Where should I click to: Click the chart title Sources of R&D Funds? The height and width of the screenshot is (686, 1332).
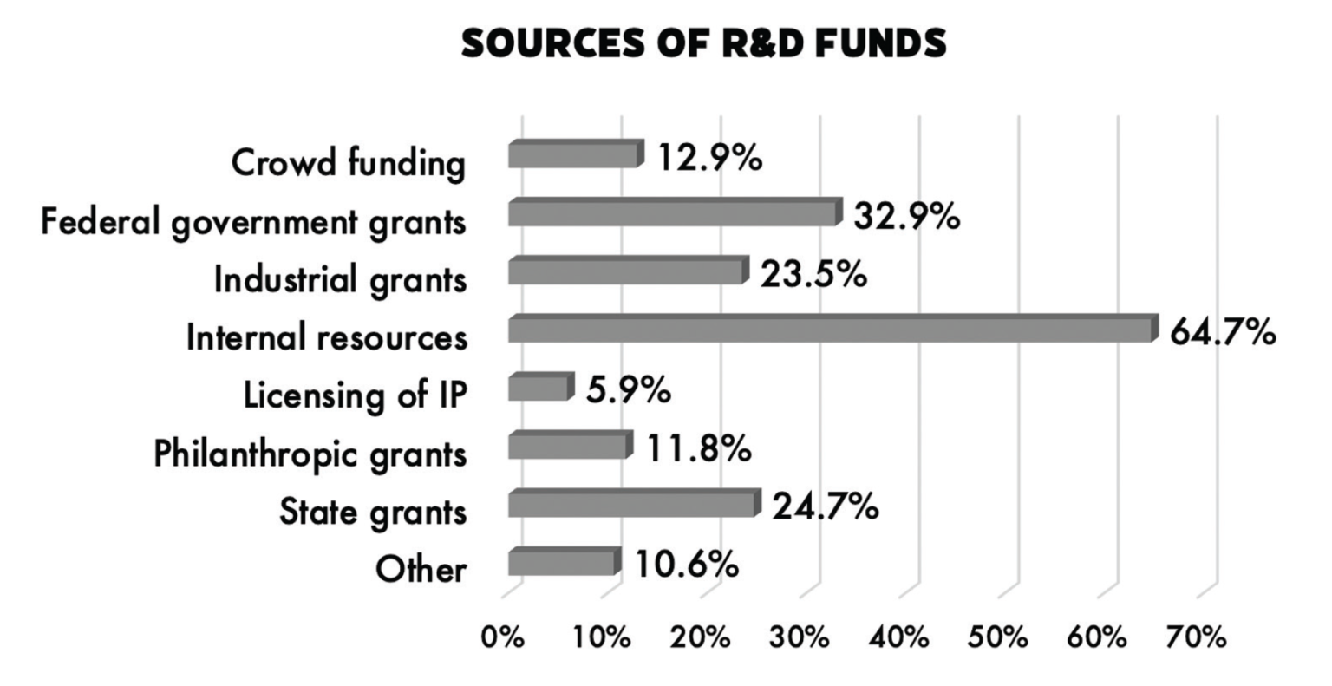[x=703, y=43]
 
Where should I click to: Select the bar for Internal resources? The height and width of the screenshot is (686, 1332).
[x=831, y=330]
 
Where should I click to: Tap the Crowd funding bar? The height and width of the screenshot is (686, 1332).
[x=575, y=155]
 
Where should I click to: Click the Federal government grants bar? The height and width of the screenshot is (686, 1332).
[x=674, y=213]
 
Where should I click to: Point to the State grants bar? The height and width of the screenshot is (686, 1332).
[x=632, y=505]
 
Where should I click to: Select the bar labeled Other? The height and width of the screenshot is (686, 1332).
[x=564, y=564]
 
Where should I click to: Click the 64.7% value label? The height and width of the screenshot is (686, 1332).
[x=1223, y=331]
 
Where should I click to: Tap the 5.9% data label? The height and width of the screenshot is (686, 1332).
[x=628, y=390]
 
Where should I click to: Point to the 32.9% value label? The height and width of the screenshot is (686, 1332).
[x=906, y=216]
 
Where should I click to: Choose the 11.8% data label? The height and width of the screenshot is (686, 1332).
[x=698, y=449]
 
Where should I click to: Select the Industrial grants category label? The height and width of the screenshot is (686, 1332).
[x=340, y=280]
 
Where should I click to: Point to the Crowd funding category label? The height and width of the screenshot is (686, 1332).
[x=348, y=163]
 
